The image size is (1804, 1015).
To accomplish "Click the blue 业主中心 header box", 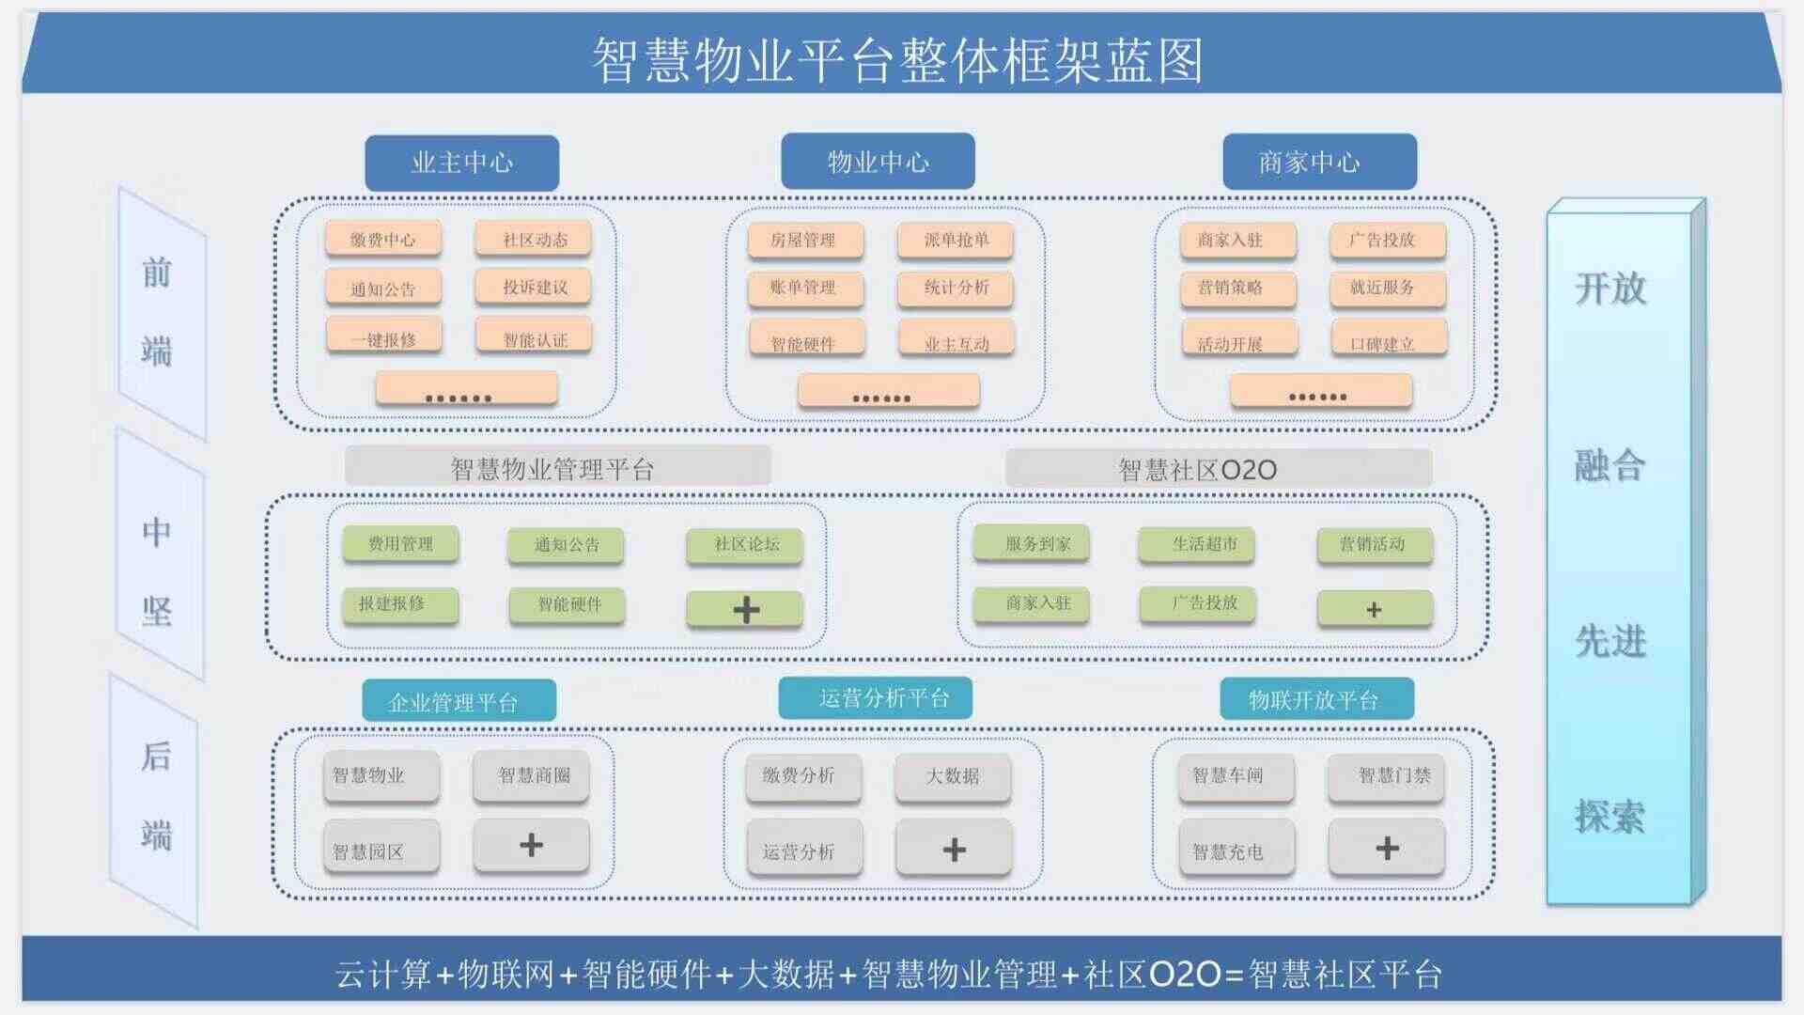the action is pos(461,163).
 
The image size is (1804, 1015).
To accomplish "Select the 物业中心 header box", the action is pos(878,162).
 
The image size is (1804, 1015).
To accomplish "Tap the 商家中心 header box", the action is pos(1319,162).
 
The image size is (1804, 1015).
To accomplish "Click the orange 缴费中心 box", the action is pos(383,240).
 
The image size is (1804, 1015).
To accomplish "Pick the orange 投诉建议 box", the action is pos(534,287).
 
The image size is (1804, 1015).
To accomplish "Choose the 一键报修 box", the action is pos(383,337).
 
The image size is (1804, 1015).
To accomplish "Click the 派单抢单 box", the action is pos(956,240).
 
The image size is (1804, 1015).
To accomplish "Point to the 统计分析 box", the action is pos(956,288).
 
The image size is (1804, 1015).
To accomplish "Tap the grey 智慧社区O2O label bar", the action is pos(1219,468).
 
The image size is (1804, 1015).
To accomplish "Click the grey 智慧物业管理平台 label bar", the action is pos(558,466).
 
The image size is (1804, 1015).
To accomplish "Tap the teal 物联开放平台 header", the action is pos(1316,699).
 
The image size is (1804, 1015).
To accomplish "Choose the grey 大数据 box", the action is pos(953,777).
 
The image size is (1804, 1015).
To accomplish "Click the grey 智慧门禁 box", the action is pos(1386,777).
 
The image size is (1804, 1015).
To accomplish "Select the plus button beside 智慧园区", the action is pos(531,845).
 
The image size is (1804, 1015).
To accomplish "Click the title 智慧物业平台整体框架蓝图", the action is pos(897,60).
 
